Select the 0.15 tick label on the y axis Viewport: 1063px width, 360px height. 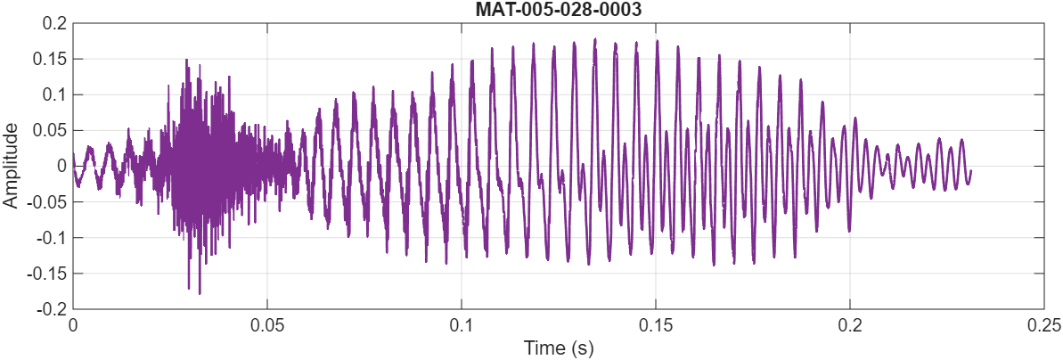pyautogui.click(x=50, y=59)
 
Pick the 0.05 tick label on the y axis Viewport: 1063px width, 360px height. pyautogui.click(x=50, y=130)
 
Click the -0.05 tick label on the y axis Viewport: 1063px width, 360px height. pyautogui.click(x=47, y=201)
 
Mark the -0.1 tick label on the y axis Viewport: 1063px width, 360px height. pyautogui.click(x=51, y=238)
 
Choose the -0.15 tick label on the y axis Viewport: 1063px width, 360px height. pyautogui.click(x=47, y=274)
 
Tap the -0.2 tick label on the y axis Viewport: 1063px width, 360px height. pyautogui.click(x=51, y=309)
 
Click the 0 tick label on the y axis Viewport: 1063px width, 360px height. pyautogui.click(x=61, y=166)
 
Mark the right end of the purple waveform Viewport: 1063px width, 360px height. pyautogui.click(x=970, y=171)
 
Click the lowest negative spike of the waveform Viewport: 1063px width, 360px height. pyautogui.click(x=199, y=293)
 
